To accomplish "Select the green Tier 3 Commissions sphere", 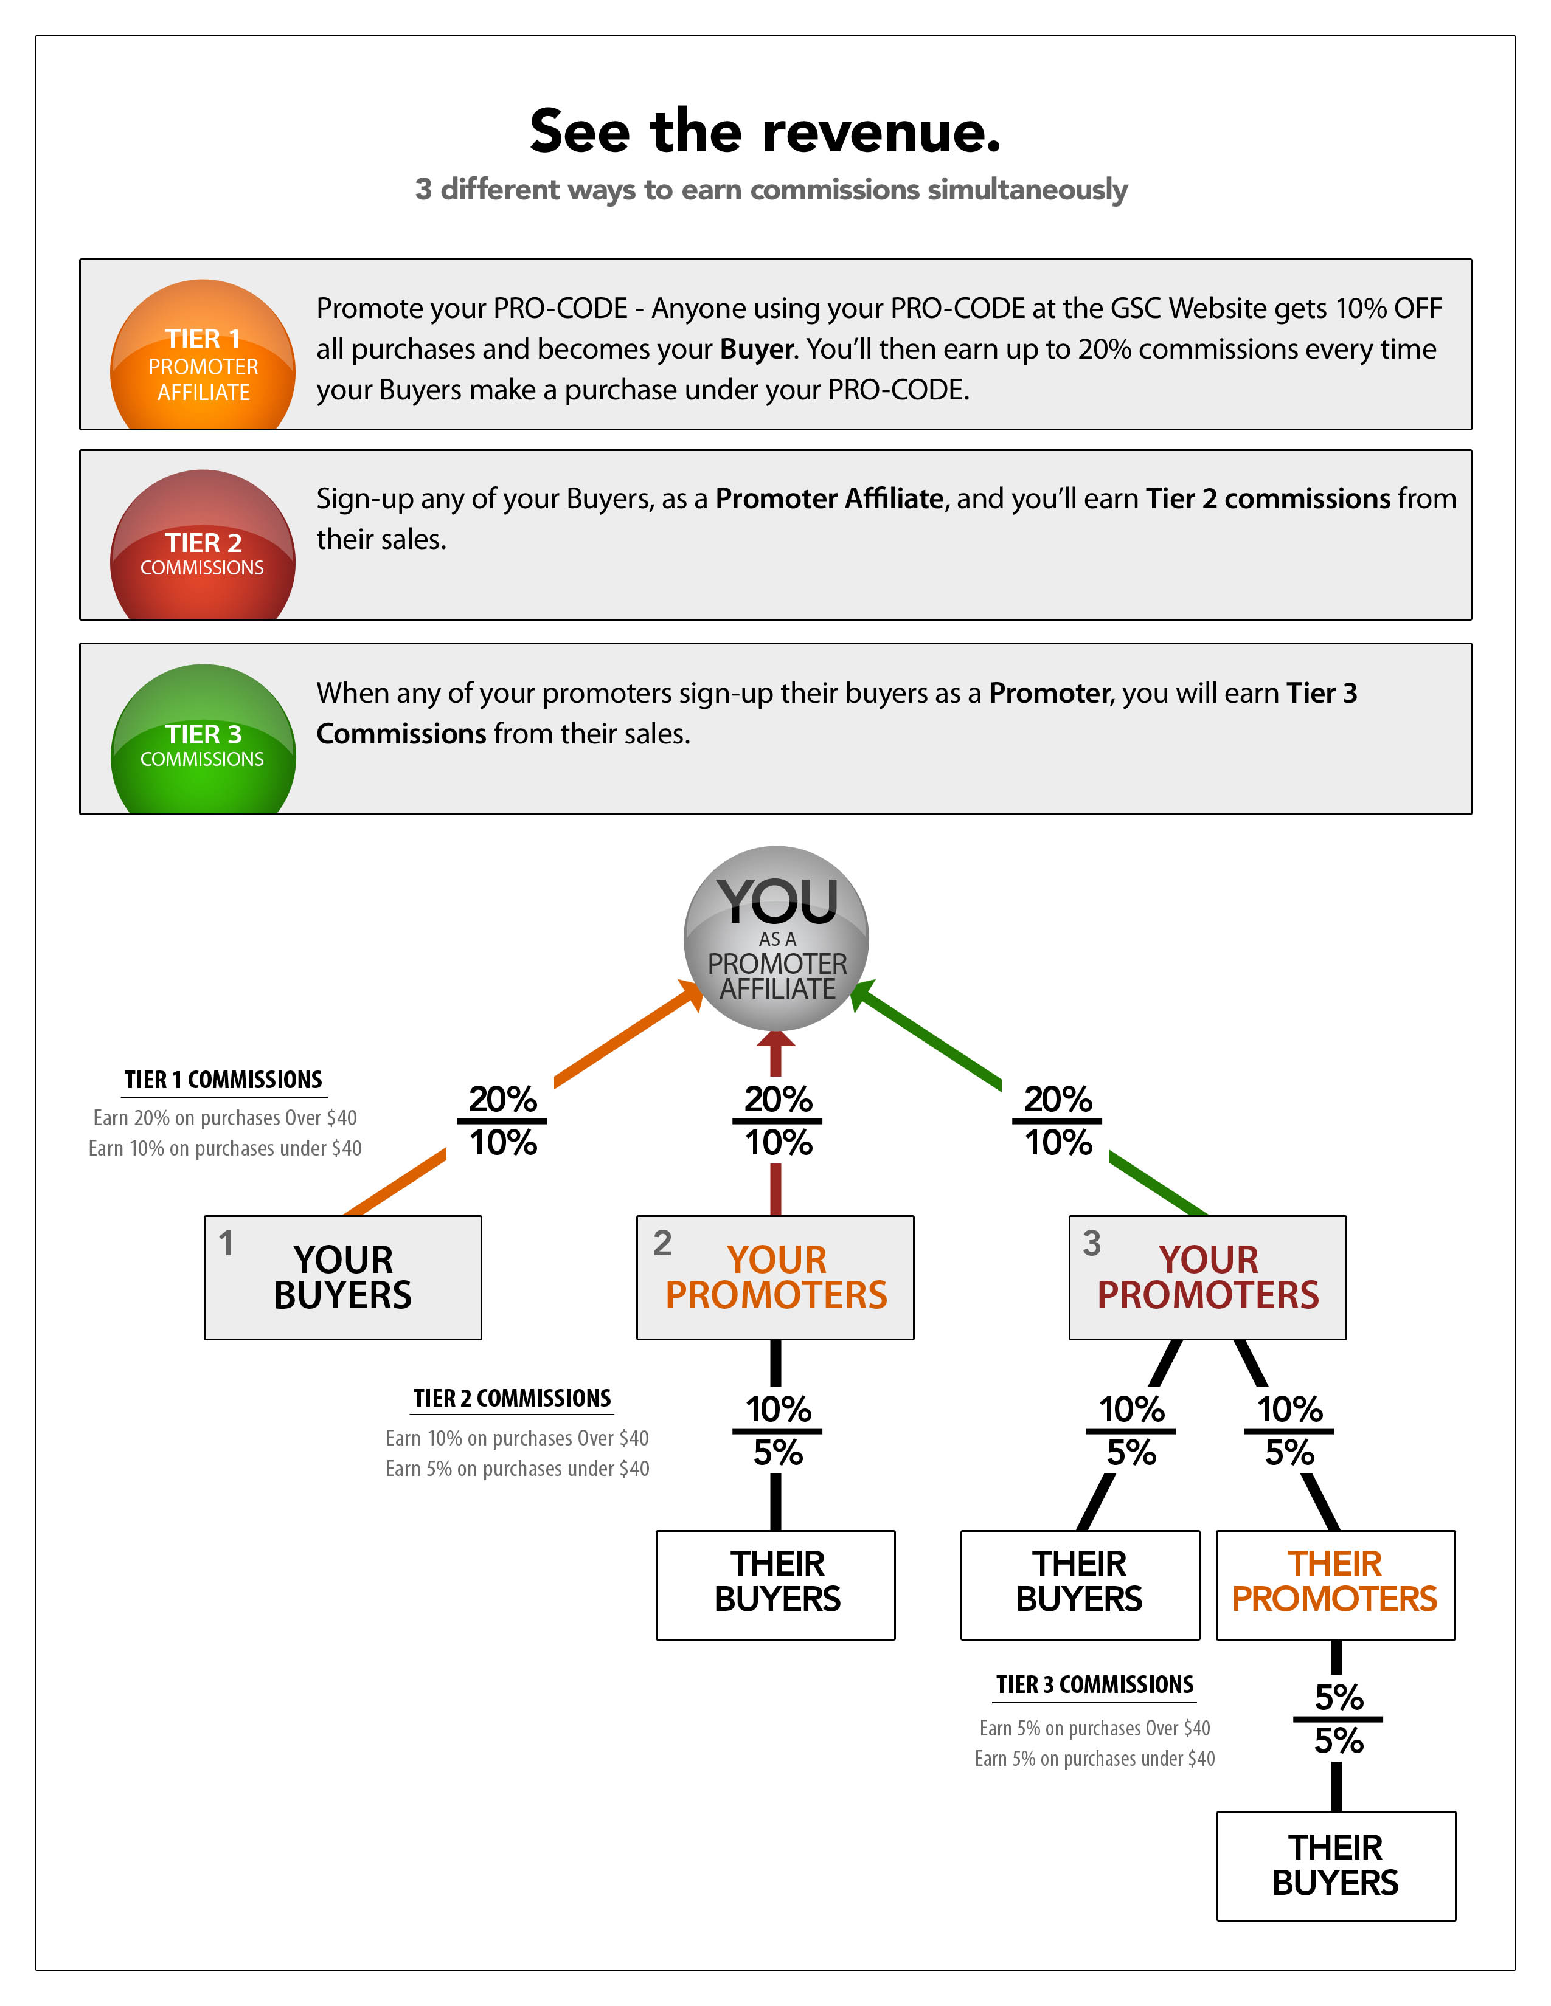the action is click(203, 739).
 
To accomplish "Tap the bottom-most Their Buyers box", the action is click(1336, 1866).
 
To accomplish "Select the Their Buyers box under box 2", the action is click(775, 1584).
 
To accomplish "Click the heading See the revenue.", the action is click(765, 131).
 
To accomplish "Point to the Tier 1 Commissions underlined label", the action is click(223, 1080).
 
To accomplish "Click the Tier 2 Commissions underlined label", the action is click(512, 1399).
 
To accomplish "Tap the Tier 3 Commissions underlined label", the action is click(1094, 1684).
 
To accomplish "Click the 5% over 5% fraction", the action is click(1338, 1718).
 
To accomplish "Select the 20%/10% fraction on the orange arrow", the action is click(502, 1120).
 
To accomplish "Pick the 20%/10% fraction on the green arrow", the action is click(1058, 1120).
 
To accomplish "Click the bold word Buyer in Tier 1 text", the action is click(758, 349).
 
